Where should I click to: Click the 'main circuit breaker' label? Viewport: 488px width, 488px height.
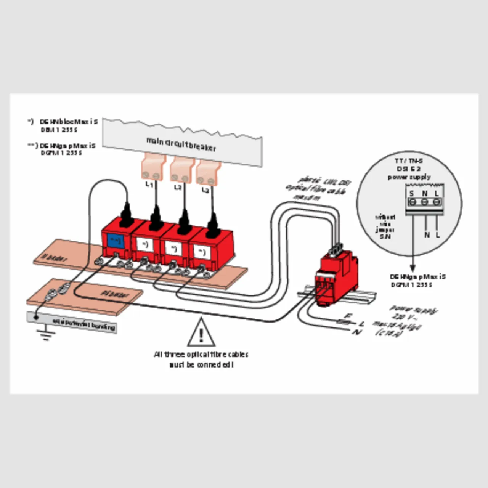(181, 144)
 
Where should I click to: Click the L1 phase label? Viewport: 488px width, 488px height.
(149, 185)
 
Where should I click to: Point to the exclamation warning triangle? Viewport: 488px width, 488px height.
(201, 333)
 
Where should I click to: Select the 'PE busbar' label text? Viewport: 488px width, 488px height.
(115, 294)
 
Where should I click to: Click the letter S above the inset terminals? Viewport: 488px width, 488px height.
(412, 194)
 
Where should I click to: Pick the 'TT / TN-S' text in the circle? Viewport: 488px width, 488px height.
(409, 161)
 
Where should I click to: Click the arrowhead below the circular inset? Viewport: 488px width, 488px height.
(413, 268)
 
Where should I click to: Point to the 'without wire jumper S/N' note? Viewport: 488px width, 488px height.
(385, 226)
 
